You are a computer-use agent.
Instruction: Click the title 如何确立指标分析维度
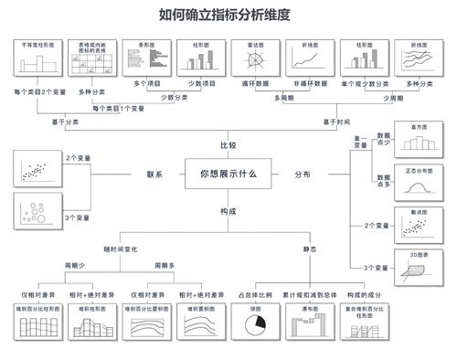click(x=228, y=15)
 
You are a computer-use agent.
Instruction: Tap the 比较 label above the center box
click(x=228, y=145)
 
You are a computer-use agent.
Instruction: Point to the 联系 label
click(x=154, y=174)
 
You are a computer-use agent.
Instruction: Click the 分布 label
click(x=302, y=174)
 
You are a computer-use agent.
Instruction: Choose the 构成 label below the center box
click(x=228, y=211)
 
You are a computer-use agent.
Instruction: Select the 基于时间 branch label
click(x=336, y=122)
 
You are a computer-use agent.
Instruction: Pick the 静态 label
click(x=310, y=248)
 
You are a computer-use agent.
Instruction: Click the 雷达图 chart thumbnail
click(x=256, y=61)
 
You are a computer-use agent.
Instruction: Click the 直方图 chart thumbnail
click(x=420, y=143)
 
